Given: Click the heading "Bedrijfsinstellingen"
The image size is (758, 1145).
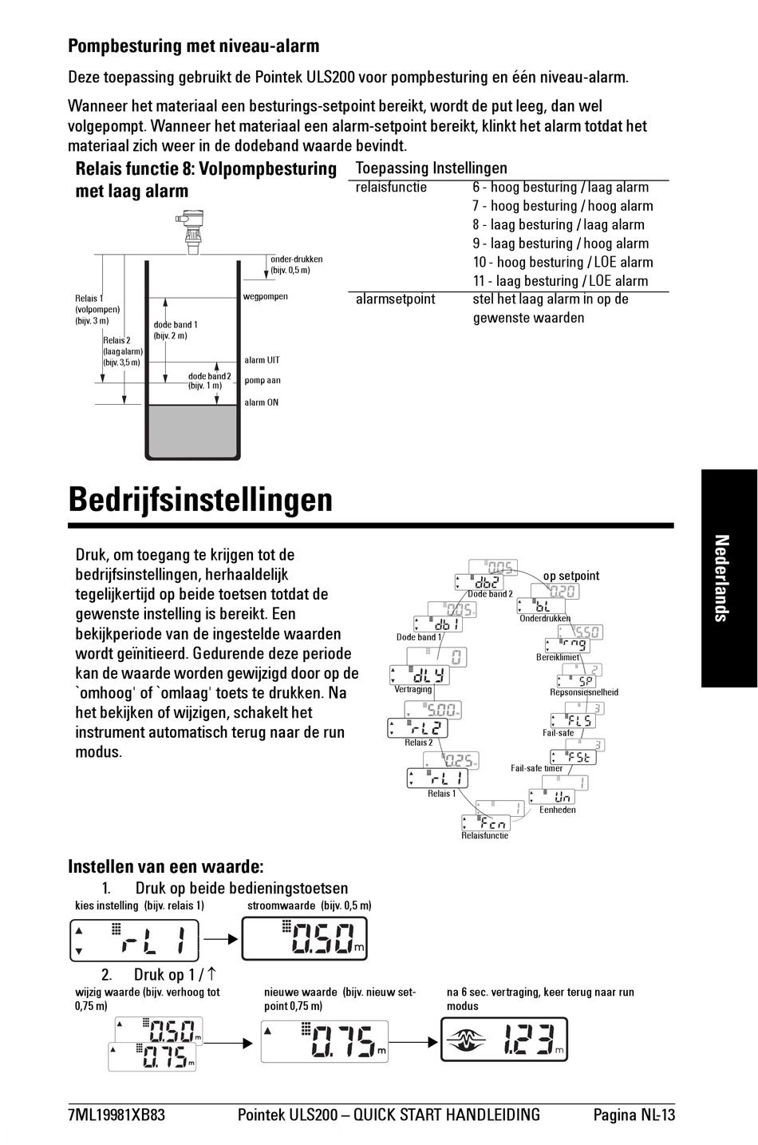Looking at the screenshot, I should pos(199,500).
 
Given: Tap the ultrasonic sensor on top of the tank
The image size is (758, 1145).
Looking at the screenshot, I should pos(191,231).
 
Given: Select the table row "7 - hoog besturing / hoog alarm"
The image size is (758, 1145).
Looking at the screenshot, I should pos(563,206).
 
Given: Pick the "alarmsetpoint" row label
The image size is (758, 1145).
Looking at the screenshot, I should pos(396,299).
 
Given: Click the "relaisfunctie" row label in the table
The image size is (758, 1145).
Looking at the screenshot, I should pos(391,188).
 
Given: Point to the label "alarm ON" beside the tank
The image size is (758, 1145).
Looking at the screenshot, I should pos(262,402).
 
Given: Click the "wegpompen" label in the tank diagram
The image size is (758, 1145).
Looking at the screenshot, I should pos(265,296).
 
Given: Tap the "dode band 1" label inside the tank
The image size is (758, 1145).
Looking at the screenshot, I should pos(176,325).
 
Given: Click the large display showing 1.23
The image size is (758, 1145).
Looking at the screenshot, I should pos(504,1039).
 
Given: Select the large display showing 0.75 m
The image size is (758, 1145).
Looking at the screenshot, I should pos(324,1040).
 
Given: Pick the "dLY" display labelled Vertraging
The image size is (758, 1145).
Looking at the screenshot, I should pos(420,675).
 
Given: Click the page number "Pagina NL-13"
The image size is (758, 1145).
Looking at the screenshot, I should pos(634,1115).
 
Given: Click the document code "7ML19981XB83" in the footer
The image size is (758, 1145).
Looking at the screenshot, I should pos(116,1115).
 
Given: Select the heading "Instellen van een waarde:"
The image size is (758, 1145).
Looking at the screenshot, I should pos(166,867).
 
